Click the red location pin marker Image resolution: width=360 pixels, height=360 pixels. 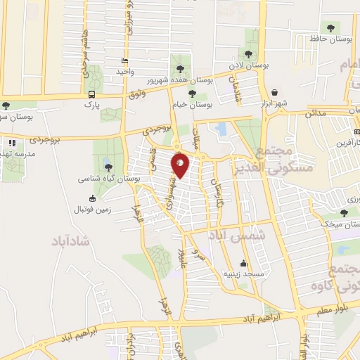181,166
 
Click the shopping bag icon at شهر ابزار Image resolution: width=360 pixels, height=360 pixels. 274,91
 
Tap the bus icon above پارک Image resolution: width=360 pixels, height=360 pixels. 91,94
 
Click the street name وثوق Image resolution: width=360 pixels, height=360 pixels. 137,94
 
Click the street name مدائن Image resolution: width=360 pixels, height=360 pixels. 318,112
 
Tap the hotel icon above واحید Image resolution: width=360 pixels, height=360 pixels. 124,61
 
